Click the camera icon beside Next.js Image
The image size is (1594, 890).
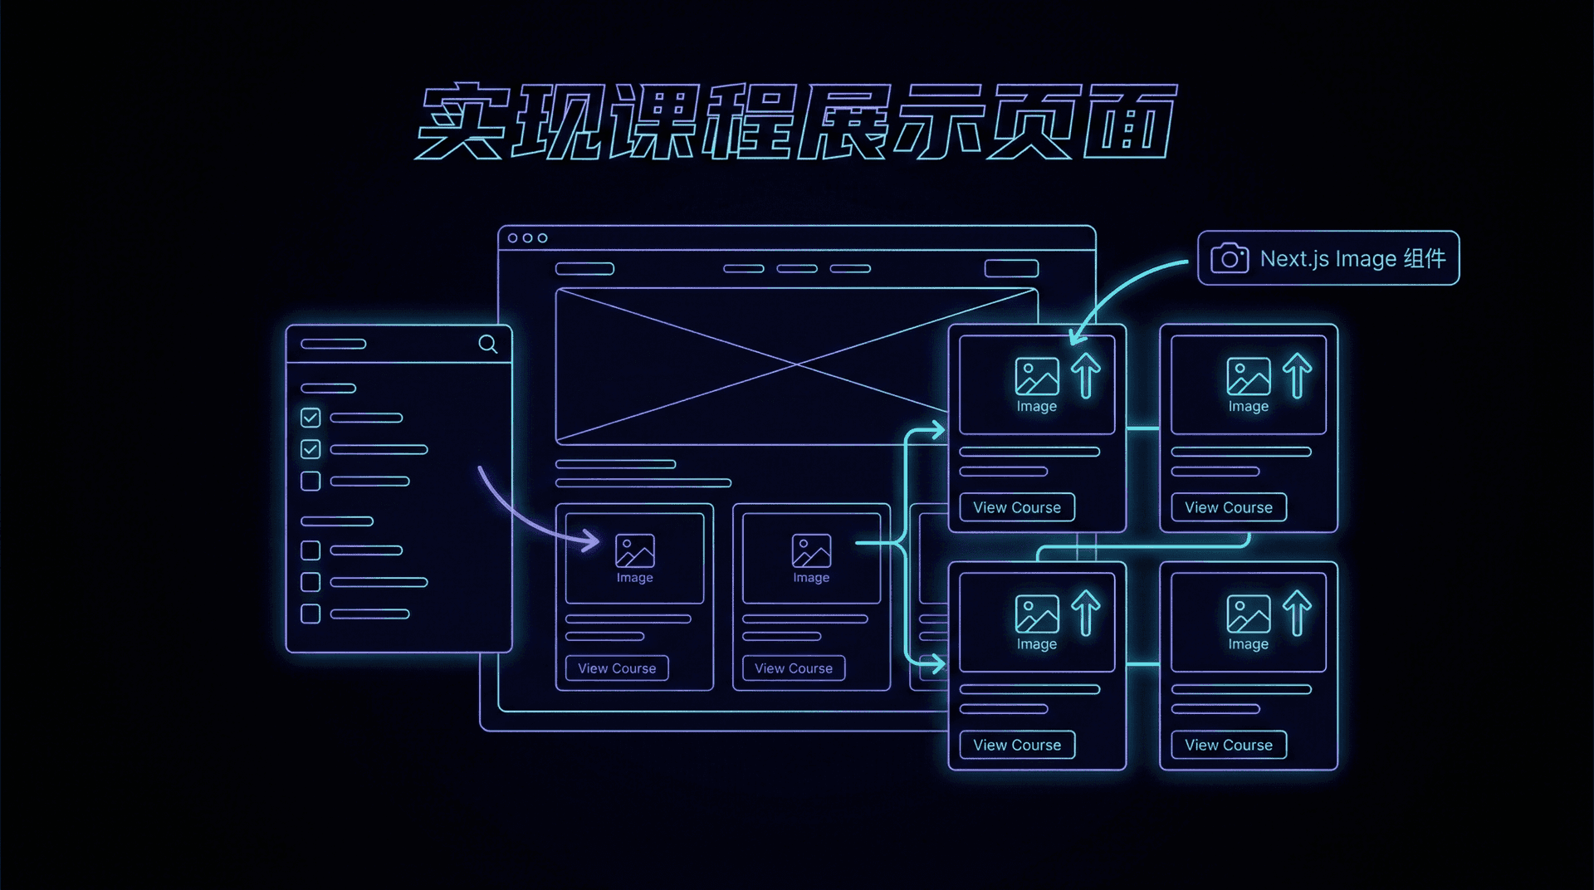(1230, 258)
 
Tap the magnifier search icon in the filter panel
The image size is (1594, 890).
(488, 344)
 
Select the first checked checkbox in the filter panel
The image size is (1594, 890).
(310, 418)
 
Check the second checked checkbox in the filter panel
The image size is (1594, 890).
(310, 449)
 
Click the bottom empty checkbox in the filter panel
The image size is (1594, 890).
(310, 614)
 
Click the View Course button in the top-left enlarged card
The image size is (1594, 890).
(1017, 507)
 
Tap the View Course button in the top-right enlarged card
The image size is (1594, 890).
(1229, 507)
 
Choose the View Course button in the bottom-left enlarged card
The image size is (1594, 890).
(1017, 745)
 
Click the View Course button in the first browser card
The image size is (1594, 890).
(617, 668)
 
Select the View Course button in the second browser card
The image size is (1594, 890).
(794, 668)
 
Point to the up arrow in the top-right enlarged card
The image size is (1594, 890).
(1297, 375)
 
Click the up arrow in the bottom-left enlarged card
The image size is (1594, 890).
(1085, 613)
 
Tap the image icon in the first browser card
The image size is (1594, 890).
(635, 550)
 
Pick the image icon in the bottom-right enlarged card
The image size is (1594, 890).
(1248, 614)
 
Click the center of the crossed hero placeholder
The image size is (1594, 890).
(796, 364)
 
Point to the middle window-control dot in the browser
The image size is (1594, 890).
(527, 238)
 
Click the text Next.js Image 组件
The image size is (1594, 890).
(1352, 259)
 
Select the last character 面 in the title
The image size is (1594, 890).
(1130, 122)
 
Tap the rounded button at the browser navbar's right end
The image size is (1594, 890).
(1011, 268)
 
